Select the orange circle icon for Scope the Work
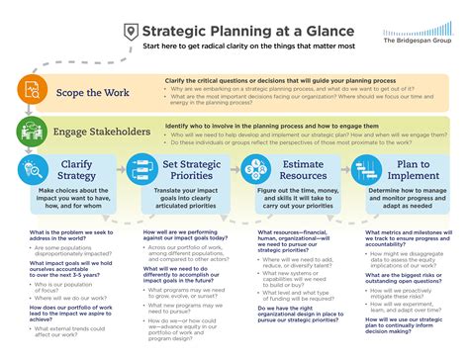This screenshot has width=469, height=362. pyautogui.click(x=33, y=90)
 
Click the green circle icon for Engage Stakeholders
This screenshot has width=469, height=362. pyautogui.click(x=33, y=130)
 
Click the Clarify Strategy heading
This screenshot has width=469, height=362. pyautogui.click(x=74, y=166)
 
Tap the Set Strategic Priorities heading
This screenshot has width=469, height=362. pyautogui.click(x=192, y=166)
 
